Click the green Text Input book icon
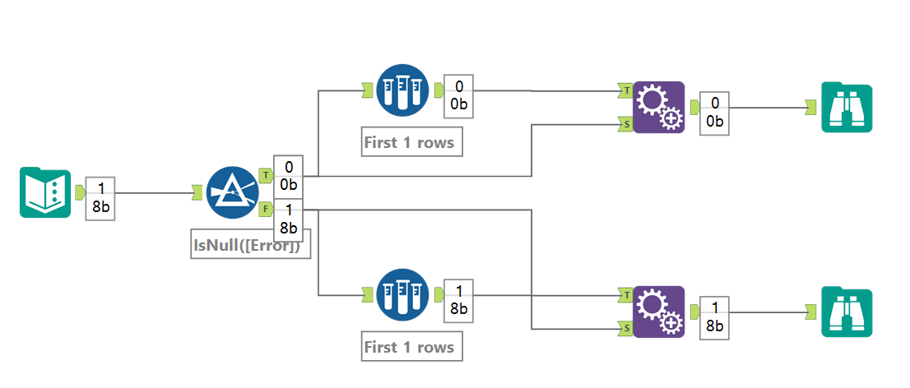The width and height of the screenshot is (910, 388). click(x=45, y=192)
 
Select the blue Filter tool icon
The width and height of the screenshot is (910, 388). click(x=233, y=192)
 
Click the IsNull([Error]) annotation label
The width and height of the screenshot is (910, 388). click(x=251, y=245)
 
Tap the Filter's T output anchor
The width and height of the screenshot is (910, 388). click(x=266, y=174)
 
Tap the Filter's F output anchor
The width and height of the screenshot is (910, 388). click(x=266, y=210)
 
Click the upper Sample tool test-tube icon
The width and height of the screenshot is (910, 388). click(x=402, y=90)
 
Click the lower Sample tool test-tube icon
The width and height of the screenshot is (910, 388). click(x=402, y=294)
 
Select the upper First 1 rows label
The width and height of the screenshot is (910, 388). click(x=409, y=142)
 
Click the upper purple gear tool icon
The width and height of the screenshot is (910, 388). click(x=659, y=107)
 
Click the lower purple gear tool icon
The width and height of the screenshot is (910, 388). click(x=659, y=312)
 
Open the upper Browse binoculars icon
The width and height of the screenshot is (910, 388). click(x=846, y=107)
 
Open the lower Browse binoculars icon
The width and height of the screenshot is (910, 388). click(x=846, y=312)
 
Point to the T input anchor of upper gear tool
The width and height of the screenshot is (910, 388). click(x=625, y=90)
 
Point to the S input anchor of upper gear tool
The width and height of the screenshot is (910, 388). click(x=625, y=124)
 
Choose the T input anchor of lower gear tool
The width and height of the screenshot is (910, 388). click(x=625, y=294)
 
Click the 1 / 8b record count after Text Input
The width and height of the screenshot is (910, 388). click(x=100, y=198)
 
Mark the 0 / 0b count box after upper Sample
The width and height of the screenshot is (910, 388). click(x=458, y=95)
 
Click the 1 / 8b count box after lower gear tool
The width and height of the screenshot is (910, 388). click(x=714, y=317)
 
